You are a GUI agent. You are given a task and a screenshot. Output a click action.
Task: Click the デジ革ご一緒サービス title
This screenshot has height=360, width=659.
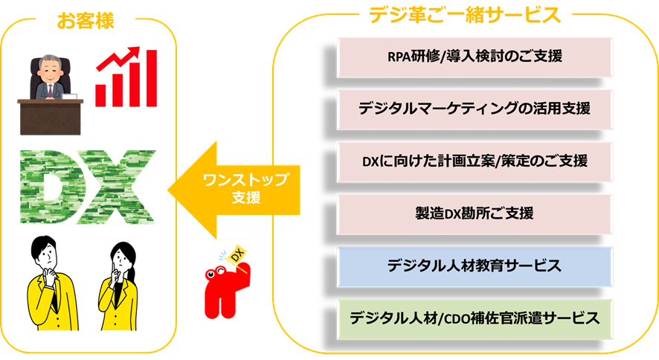(465, 14)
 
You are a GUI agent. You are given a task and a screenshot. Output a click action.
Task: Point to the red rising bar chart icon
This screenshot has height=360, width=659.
(126, 77)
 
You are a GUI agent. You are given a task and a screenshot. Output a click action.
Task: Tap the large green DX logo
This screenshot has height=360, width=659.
(87, 187)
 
